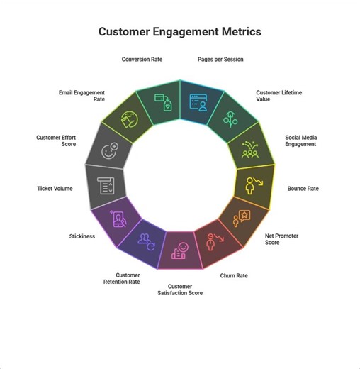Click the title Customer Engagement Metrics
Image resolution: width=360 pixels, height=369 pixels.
(179, 32)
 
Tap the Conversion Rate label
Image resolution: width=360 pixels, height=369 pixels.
(142, 60)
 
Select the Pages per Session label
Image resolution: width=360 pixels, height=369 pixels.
(220, 60)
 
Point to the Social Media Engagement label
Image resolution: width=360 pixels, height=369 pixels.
(300, 141)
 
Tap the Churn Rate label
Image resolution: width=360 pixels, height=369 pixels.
(233, 275)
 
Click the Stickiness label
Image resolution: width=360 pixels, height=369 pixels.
(81, 236)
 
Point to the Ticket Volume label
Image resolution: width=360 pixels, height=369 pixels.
(55, 189)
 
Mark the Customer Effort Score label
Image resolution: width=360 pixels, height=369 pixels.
(57, 141)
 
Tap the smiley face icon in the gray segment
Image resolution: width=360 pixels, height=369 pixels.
(109, 150)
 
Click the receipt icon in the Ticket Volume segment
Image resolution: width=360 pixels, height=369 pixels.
(106, 186)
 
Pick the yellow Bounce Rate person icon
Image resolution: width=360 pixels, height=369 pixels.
(252, 186)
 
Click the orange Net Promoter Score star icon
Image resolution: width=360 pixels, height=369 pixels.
(242, 218)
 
